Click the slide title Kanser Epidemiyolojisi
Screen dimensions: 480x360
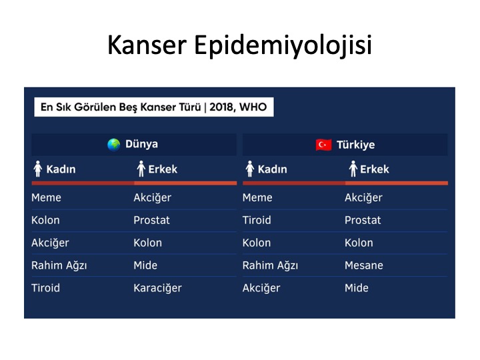[x=240, y=45]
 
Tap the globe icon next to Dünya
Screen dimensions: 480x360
[x=113, y=145]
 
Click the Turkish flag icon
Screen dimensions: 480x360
[x=323, y=145]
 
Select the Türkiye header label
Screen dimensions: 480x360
[x=355, y=145]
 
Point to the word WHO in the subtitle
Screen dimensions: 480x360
[x=253, y=107]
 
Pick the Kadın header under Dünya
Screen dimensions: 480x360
[x=61, y=169]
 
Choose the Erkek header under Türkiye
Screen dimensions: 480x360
[x=375, y=169]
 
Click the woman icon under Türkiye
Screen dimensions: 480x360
[x=250, y=169]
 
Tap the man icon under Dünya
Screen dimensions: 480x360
[x=141, y=169]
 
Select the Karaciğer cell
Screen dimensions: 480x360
[x=157, y=288]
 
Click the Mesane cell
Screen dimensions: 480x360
[x=364, y=265]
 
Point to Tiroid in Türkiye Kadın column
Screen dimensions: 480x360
[x=257, y=220]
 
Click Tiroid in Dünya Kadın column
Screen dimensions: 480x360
[x=45, y=288]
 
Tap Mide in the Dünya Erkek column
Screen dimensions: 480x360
[x=145, y=265]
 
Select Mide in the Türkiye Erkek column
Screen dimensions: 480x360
[x=356, y=288]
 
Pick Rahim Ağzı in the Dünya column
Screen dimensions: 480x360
[x=59, y=265]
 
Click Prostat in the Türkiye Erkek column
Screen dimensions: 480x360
[x=363, y=220]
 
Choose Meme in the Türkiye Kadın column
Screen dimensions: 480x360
[x=257, y=197]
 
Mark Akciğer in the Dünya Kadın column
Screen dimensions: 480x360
[x=50, y=243]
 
